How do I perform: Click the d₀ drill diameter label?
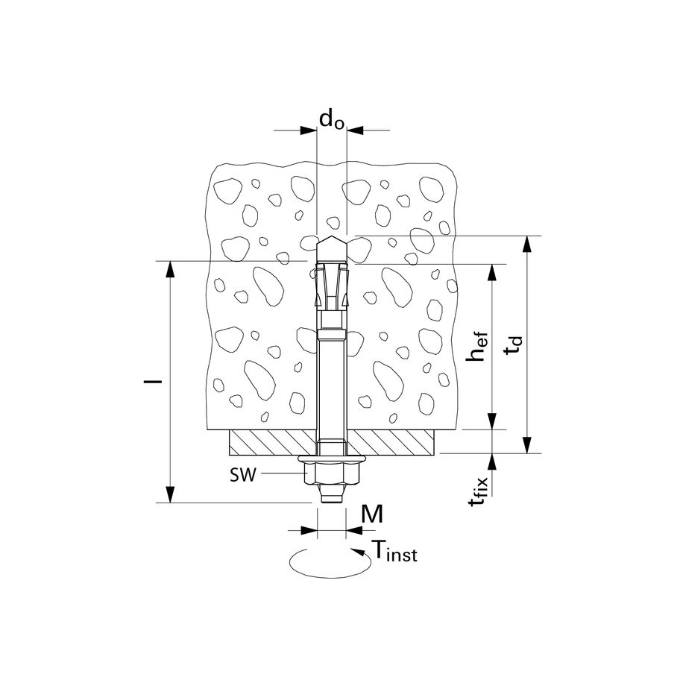point(332,119)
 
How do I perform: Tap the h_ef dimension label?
point(476,347)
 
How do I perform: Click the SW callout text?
point(243,475)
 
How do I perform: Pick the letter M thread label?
point(372,514)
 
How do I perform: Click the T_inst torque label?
point(394,551)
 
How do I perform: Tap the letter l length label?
point(153,382)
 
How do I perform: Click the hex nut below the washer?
point(333,473)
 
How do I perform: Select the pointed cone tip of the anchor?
point(332,249)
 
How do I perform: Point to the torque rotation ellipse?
point(330,562)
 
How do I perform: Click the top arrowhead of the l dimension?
point(171,269)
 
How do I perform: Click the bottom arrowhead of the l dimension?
point(171,495)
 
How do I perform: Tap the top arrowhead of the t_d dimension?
point(527,244)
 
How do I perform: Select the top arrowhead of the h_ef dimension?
point(492,272)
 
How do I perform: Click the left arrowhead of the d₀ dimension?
point(309,130)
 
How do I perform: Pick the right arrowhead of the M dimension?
point(355,529)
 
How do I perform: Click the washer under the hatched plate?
point(333,459)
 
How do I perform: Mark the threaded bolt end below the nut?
point(333,494)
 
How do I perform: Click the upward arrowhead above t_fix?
point(492,462)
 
